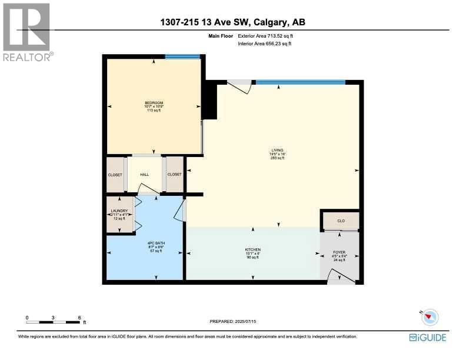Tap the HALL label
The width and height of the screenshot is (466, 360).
pos(145,175)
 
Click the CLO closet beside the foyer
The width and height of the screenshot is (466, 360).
pos(340,221)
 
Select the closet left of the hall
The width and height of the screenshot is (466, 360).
pos(115,175)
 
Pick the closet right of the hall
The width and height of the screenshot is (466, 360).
pos(174,175)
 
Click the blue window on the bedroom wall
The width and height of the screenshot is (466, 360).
pos(182,57)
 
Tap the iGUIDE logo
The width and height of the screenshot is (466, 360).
pos(428,338)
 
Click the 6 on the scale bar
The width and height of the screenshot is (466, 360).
pos(79,318)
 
